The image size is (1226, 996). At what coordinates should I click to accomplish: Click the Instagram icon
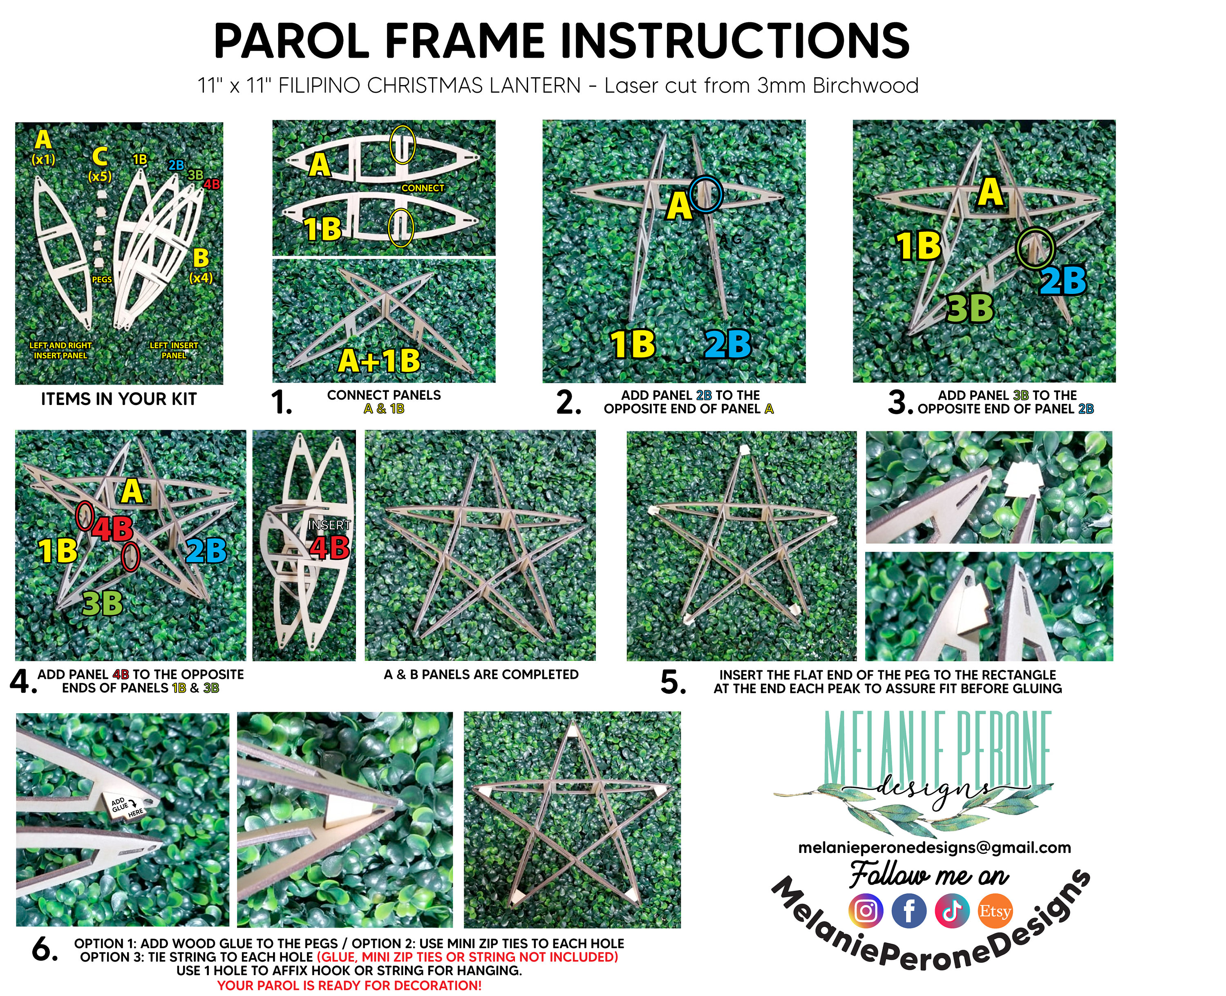(865, 911)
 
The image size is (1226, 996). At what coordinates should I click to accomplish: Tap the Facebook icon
(909, 911)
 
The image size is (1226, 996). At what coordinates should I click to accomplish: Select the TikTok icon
(952, 911)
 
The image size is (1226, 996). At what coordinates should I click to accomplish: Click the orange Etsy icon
(995, 911)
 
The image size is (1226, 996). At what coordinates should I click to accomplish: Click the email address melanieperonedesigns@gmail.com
(934, 847)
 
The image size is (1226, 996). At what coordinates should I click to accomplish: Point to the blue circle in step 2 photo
(706, 195)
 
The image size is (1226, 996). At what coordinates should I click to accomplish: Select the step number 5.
(673, 682)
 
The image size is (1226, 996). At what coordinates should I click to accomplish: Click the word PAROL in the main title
(291, 41)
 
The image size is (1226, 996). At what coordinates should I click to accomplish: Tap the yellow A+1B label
(379, 361)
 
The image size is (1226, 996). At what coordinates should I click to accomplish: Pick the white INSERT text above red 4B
(329, 525)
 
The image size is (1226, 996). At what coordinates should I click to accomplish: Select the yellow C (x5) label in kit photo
(100, 163)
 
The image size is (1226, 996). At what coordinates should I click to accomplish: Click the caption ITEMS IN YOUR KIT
(119, 399)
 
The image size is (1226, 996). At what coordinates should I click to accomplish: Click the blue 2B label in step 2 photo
(727, 344)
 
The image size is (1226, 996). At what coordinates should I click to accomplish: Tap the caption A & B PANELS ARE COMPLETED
(481, 675)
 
